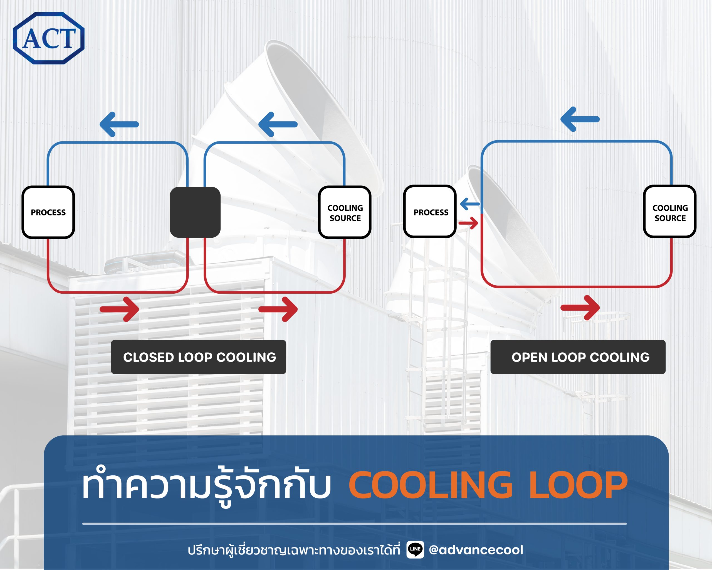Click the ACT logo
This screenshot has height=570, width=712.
tap(49, 38)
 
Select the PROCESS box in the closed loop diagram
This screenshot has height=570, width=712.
tap(48, 212)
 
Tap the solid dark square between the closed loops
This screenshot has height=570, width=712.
tap(195, 212)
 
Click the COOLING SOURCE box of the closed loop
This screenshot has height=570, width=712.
tap(345, 212)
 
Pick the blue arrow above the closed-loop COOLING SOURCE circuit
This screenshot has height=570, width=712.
tap(278, 124)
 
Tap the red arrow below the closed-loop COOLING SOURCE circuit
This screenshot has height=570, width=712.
tap(278, 309)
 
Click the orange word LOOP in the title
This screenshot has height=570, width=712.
tap(578, 485)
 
